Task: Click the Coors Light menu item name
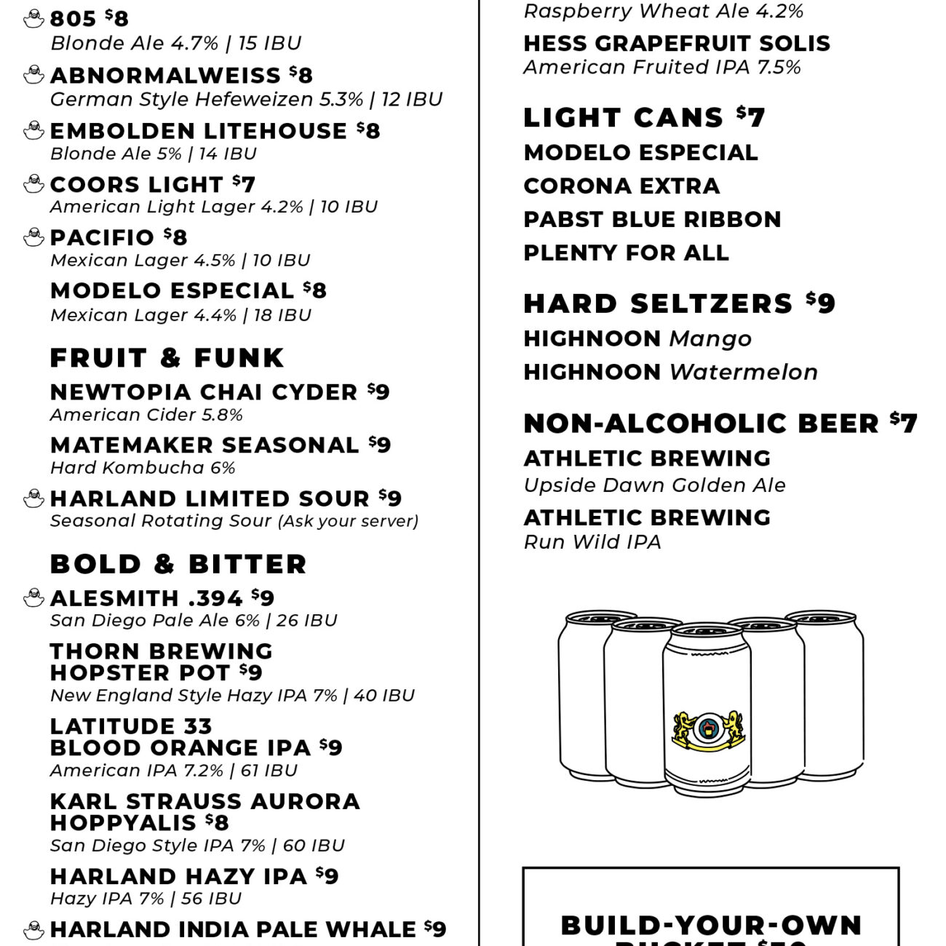point(136,185)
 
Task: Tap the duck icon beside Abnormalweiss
point(33,75)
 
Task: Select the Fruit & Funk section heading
point(167,358)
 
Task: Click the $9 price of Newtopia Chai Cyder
point(378,391)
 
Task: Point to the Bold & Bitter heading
point(178,564)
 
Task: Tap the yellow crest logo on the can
point(707,731)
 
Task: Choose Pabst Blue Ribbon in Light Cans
point(652,219)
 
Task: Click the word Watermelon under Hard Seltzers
point(743,372)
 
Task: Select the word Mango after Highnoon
point(710,338)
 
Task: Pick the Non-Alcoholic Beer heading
point(701,424)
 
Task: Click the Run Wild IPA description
point(592,542)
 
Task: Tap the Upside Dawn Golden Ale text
point(654,485)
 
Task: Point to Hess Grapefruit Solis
point(677,44)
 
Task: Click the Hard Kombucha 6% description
point(143,468)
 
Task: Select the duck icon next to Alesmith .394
point(33,598)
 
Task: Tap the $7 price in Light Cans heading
point(750,116)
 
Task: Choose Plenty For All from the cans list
point(626,253)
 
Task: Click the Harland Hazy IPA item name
point(178,876)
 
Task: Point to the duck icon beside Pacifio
point(33,237)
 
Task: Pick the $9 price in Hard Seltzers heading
point(821,303)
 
